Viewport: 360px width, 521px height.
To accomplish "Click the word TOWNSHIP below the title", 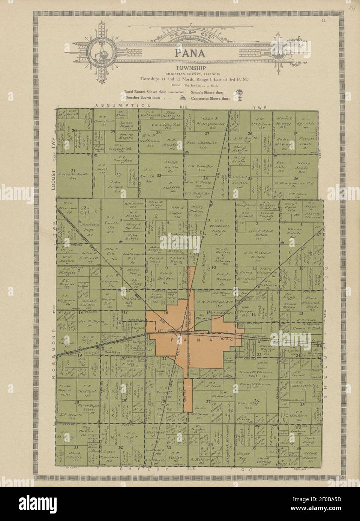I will coord(190,68).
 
